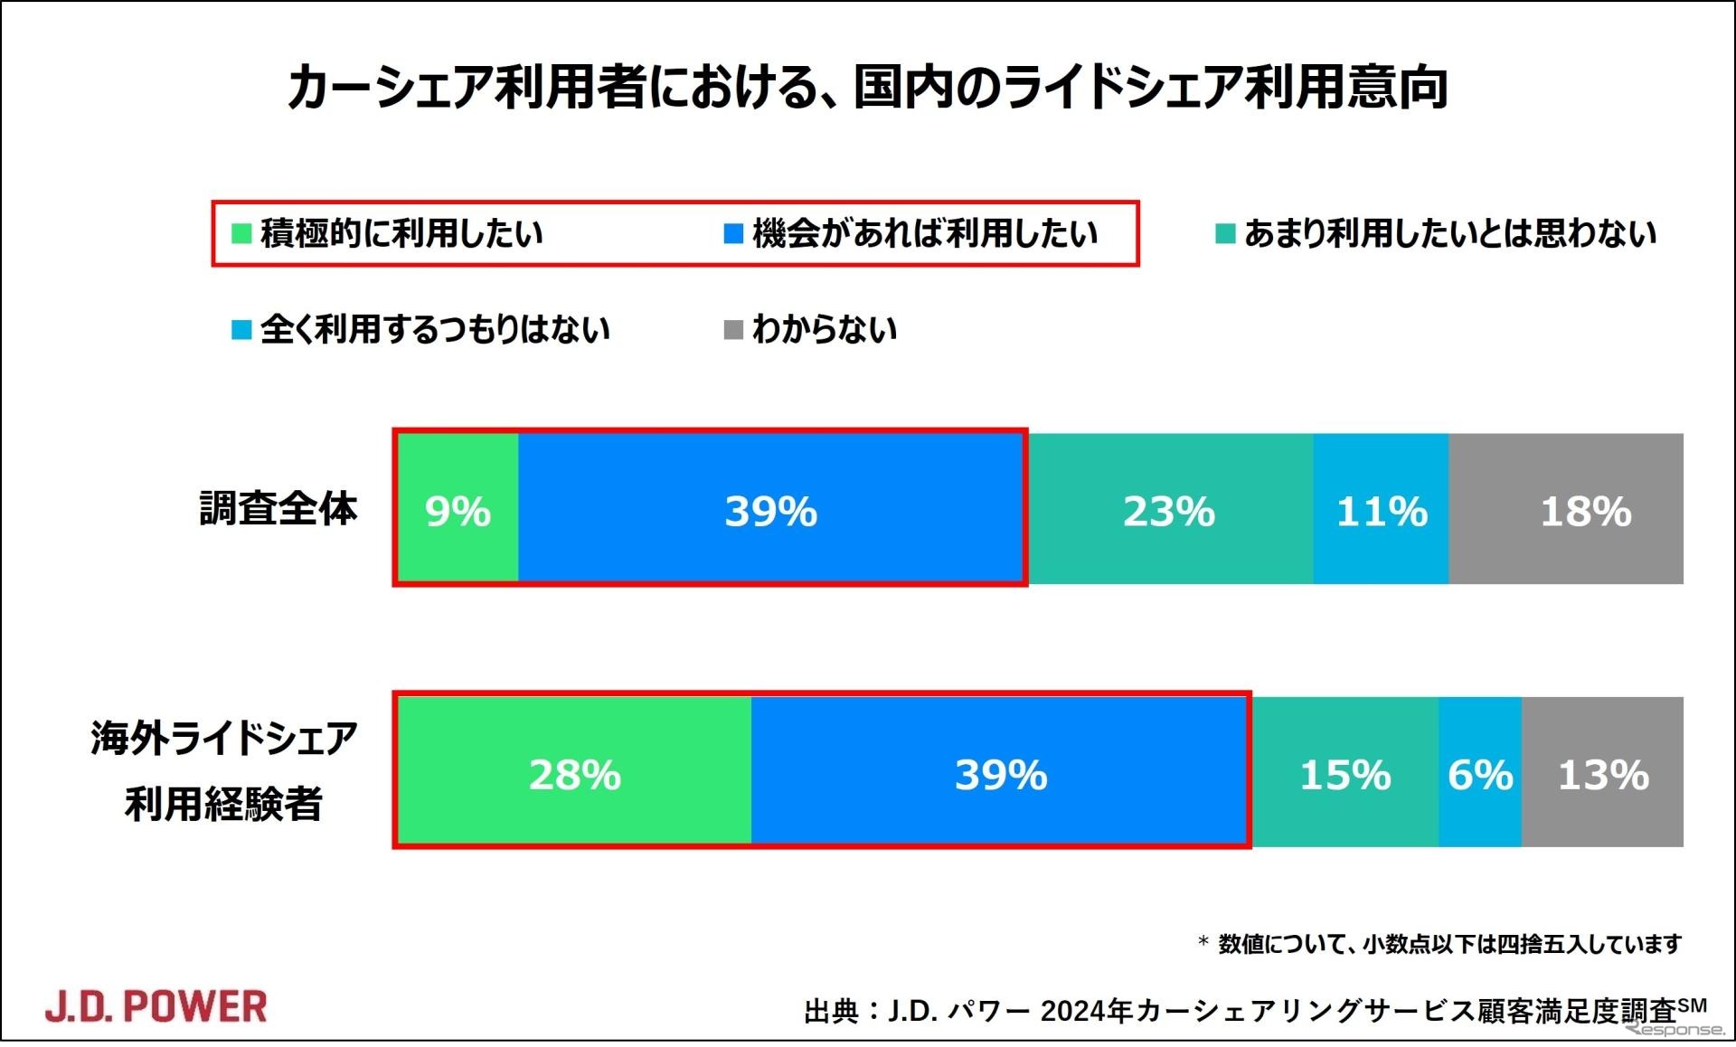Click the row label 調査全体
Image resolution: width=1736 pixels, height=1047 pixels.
pyautogui.click(x=278, y=508)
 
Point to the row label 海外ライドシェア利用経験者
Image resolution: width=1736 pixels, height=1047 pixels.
pyautogui.click(x=224, y=770)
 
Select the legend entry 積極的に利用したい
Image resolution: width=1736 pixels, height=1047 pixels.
pyautogui.click(x=389, y=233)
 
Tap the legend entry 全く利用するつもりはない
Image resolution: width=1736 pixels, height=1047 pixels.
pyautogui.click(x=422, y=329)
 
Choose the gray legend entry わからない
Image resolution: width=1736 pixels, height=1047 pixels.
pyautogui.click(x=812, y=329)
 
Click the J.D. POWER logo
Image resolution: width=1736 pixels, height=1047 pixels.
pyautogui.click(x=156, y=1006)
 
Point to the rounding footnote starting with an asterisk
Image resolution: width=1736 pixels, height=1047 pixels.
pyautogui.click(x=1439, y=944)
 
